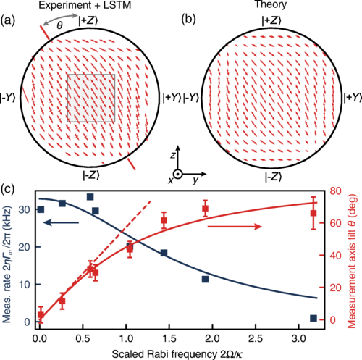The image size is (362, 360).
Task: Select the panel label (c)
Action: pos(9,191)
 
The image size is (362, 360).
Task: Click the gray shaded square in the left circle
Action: pos(93,97)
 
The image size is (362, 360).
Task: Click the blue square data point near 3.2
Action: pos(313,318)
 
